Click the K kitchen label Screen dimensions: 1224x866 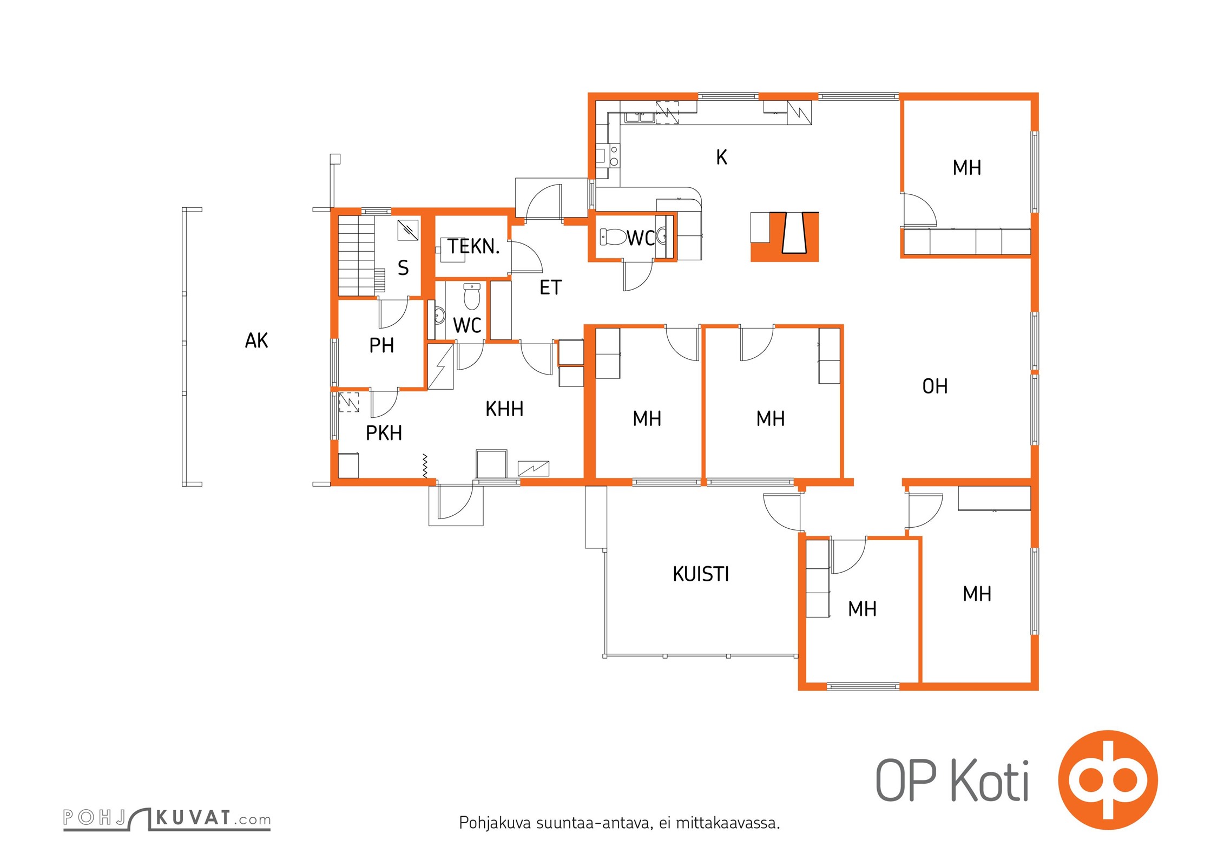pos(721,158)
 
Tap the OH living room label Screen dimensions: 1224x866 pos(935,386)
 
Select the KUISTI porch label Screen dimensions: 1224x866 pos(701,574)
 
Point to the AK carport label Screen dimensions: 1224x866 pos(256,341)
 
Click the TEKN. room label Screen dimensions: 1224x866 pos(473,247)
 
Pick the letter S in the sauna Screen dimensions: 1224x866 pos(403,268)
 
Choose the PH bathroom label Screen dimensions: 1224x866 pos(381,345)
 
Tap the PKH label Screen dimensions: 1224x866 pos(384,433)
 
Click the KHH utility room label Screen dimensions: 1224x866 pos(504,409)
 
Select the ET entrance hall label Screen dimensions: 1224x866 pos(551,287)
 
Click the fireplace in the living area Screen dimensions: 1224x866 pos(785,237)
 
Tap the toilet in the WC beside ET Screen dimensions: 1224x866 pos(613,237)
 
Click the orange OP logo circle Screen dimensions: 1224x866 pos(1108,780)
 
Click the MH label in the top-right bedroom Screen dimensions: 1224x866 pos(967,168)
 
